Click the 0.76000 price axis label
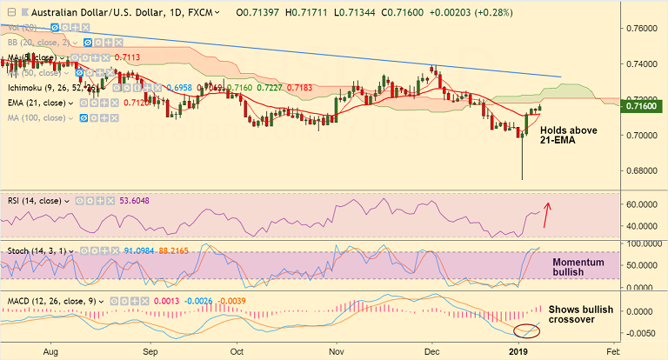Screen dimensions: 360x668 click(x=642, y=29)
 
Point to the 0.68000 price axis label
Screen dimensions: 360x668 click(x=642, y=171)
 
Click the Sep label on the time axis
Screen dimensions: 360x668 click(x=150, y=351)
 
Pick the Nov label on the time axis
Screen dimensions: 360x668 click(x=337, y=351)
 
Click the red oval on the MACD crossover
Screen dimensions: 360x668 click(x=526, y=330)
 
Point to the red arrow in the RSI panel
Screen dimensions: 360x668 click(x=547, y=213)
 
